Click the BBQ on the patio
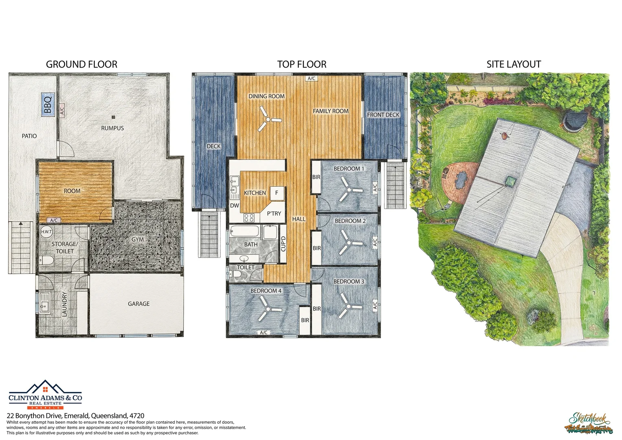click(48, 104)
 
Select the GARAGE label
click(138, 304)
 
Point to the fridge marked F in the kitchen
click(277, 193)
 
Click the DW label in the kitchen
click(234, 205)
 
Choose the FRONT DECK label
click(383, 115)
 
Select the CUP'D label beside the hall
click(283, 244)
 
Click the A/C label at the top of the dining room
click(311, 78)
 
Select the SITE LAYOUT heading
click(513, 64)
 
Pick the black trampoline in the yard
click(575, 119)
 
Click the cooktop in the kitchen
click(249, 218)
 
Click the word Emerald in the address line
click(77, 416)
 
